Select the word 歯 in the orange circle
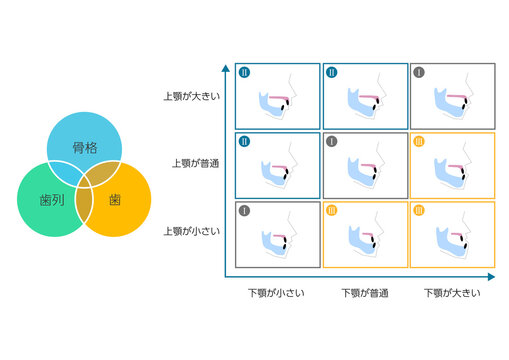coord(115,200)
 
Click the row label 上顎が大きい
coord(192,97)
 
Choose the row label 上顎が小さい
coord(192,231)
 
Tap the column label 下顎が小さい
coord(277,293)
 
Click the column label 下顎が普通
coord(365,293)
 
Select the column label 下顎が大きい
coord(452,293)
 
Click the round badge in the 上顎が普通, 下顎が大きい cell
coord(419,141)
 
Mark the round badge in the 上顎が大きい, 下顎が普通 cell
coord(332,72)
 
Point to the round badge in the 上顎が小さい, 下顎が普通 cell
coord(332,210)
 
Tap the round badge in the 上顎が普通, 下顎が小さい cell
coord(244,141)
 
